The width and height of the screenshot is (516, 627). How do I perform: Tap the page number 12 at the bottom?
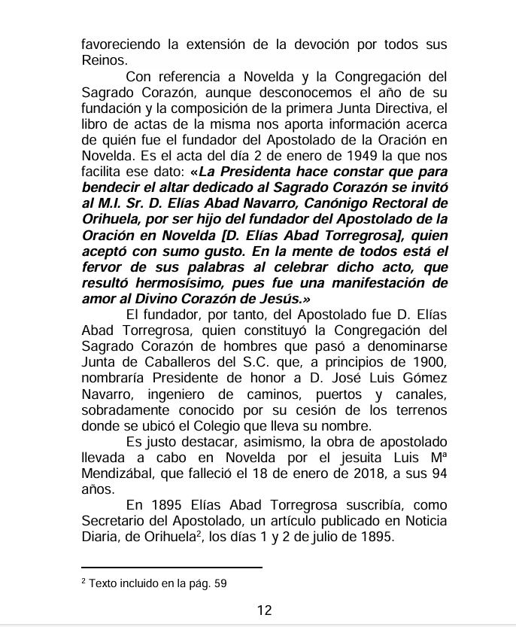pyautogui.click(x=264, y=610)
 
